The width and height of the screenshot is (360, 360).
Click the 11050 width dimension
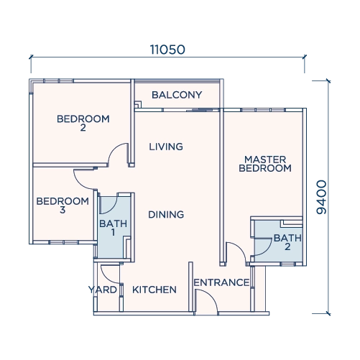coord(167,50)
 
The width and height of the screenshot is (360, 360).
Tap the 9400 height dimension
coord(321,197)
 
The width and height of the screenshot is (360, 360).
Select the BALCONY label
coord(177,95)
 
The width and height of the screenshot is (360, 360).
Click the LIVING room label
coord(166,147)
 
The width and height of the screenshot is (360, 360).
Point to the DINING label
coord(166,215)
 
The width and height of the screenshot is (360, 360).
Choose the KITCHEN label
coord(154,290)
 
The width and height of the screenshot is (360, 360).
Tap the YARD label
coord(103,290)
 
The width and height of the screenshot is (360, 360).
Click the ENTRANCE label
coord(221,282)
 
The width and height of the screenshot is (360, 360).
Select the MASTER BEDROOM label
coord(265,164)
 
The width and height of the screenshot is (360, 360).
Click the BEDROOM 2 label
coord(83,123)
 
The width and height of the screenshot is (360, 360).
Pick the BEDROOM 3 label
coord(63,206)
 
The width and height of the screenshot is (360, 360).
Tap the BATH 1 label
coord(113,228)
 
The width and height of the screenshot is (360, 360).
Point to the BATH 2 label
coord(287,242)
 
